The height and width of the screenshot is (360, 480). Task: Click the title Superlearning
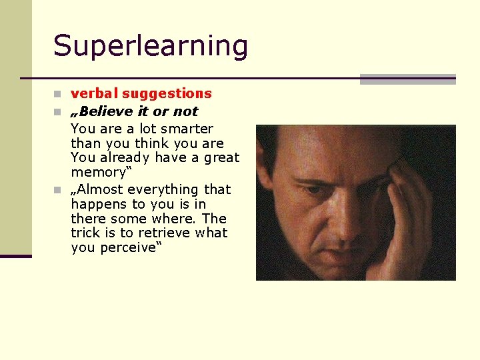point(151,46)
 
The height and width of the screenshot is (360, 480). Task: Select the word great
point(221,158)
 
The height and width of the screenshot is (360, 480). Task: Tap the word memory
point(97,173)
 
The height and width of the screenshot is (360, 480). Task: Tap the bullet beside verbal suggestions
point(58,94)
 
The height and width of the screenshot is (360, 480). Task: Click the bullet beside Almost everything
point(58,190)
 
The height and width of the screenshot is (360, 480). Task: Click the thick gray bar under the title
point(407,79)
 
